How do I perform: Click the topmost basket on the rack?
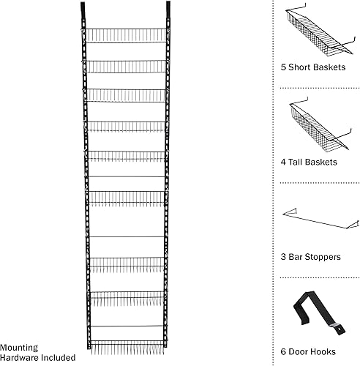pyautogui.click(x=128, y=35)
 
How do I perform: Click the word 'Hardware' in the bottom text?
pyautogui.click(x=20, y=358)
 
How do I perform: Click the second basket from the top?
pyautogui.click(x=128, y=65)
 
